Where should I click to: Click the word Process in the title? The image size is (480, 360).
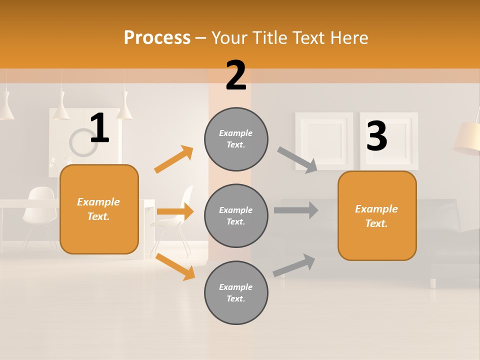[157, 38]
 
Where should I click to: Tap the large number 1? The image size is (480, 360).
[99, 128]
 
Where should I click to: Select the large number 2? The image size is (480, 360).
[236, 75]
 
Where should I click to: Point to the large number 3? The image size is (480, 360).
[376, 136]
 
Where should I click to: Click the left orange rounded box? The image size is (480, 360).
[99, 209]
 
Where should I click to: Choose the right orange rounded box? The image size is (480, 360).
[377, 215]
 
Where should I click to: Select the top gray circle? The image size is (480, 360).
[236, 139]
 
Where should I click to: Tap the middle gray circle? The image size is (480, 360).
[236, 215]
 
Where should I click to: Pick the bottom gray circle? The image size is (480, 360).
[236, 292]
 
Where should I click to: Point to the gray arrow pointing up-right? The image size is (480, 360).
[294, 265]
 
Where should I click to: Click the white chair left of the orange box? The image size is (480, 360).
[39, 210]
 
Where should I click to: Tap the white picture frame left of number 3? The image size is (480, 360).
[323, 140]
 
